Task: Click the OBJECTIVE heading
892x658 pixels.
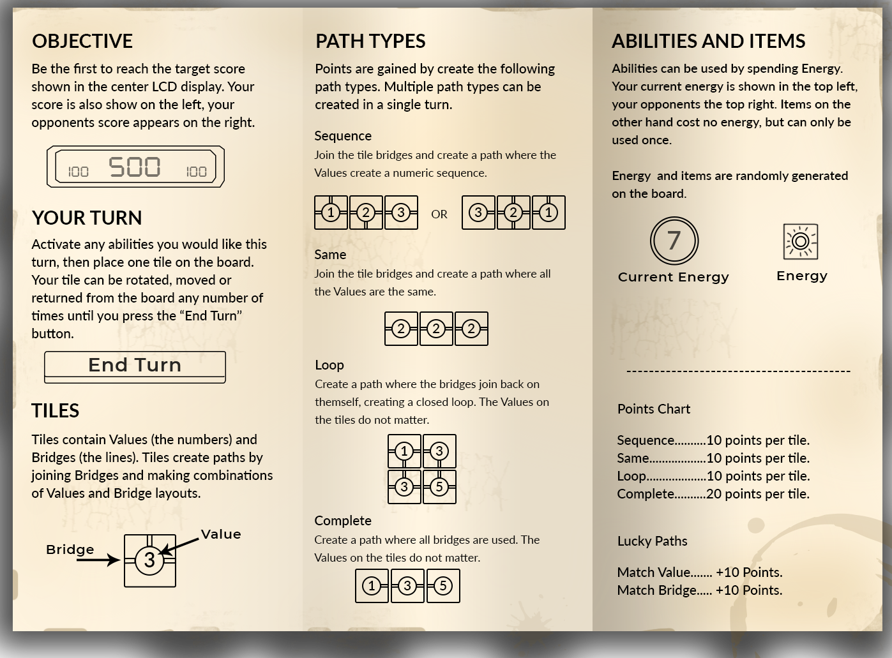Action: tap(82, 41)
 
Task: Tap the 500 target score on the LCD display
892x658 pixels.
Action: tap(135, 167)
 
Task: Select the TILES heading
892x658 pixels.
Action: tap(55, 411)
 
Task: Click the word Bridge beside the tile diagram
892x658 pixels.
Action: tap(70, 550)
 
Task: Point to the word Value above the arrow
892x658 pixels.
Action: tap(221, 534)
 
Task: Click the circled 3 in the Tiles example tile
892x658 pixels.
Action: tap(149, 560)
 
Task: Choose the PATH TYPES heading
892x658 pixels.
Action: tap(370, 41)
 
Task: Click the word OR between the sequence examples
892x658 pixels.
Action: tap(439, 214)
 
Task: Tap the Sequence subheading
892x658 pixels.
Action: tap(343, 136)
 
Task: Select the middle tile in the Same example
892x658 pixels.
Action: tap(436, 329)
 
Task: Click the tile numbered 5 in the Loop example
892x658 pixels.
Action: tap(439, 487)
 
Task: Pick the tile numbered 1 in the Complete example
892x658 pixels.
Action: tap(372, 586)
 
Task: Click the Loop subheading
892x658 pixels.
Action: tap(329, 365)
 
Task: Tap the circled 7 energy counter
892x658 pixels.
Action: tap(674, 241)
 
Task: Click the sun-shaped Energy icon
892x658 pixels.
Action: tap(801, 242)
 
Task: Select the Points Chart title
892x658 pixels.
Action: tap(654, 409)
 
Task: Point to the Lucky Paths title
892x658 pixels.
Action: tap(653, 541)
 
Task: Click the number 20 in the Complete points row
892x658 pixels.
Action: tap(714, 493)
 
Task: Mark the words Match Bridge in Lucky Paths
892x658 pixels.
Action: tap(657, 590)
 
